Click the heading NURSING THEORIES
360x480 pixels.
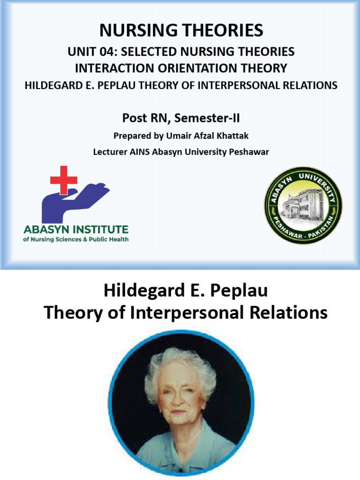pos(181,31)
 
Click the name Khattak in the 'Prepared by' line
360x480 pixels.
pos(232,136)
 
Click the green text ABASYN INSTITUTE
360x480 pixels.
pos(75,230)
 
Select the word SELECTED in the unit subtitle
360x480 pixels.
pos(146,52)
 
